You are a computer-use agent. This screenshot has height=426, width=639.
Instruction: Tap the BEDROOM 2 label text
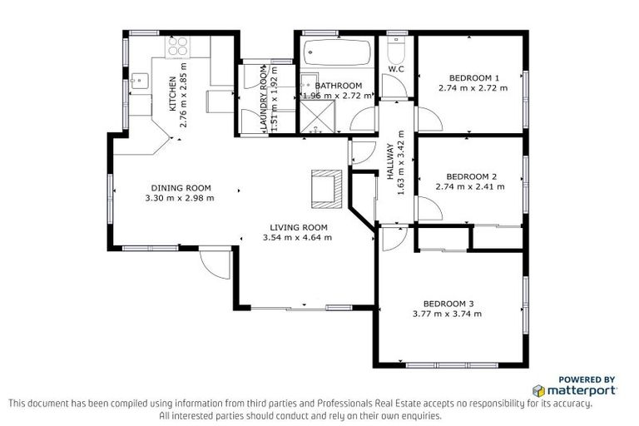point(471,176)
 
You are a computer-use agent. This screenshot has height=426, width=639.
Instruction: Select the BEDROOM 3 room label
point(448,303)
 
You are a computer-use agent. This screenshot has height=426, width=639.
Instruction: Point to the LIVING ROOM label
point(298,227)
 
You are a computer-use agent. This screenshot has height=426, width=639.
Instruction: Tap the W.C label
point(396,69)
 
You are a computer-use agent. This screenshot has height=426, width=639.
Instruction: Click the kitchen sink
point(139,82)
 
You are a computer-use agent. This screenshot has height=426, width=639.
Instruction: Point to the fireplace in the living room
point(325,188)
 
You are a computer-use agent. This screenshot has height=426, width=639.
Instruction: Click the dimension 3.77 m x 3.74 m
point(447,314)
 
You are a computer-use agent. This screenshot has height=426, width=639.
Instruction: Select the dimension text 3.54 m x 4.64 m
point(297,237)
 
